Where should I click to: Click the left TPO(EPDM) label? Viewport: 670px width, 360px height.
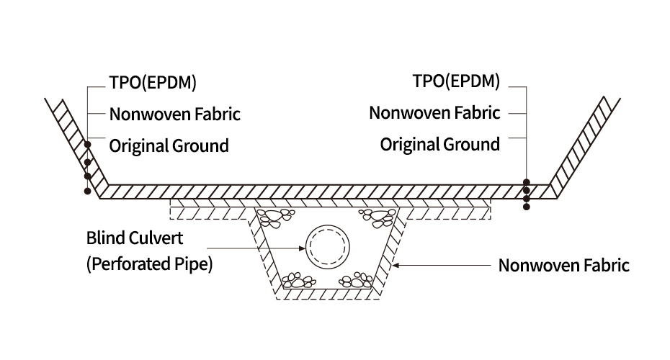click(x=152, y=82)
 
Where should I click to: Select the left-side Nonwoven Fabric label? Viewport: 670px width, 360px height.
click(x=174, y=114)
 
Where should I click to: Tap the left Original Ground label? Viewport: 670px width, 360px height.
click(x=169, y=145)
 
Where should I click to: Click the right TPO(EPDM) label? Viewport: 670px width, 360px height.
click(x=456, y=81)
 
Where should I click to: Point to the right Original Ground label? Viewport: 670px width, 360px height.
click(x=439, y=144)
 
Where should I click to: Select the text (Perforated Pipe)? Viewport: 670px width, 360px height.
click(x=149, y=264)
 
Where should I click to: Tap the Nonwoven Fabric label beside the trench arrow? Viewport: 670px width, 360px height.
click(x=564, y=266)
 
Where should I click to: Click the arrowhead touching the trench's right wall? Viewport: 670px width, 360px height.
click(x=393, y=266)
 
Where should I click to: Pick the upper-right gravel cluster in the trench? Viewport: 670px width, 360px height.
click(x=377, y=215)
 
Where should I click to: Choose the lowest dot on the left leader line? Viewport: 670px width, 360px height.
click(x=87, y=192)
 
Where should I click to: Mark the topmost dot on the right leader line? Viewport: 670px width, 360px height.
click(x=527, y=183)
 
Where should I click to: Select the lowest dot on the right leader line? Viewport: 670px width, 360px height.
click(x=527, y=207)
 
